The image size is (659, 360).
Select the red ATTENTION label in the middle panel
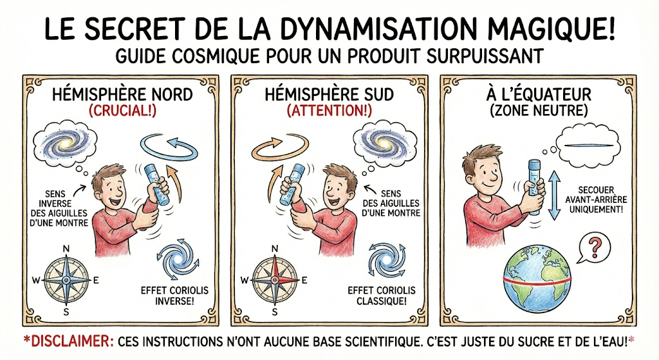click(x=329, y=111)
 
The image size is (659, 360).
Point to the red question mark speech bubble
click(x=594, y=248)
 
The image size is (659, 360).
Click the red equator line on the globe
click(x=537, y=281)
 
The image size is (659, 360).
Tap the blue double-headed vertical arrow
click(x=555, y=195)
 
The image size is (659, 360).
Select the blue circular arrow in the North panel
click(x=169, y=148)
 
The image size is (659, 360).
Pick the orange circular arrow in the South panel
click(x=280, y=147)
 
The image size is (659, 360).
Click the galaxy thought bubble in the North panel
click(x=64, y=143)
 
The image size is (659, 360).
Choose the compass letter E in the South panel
click(x=304, y=280)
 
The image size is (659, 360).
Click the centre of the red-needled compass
click(x=275, y=280)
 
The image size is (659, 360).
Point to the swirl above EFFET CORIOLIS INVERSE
click(x=175, y=260)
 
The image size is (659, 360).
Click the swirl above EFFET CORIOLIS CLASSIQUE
click(x=387, y=260)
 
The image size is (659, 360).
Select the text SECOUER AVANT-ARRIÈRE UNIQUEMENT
click(x=596, y=200)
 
